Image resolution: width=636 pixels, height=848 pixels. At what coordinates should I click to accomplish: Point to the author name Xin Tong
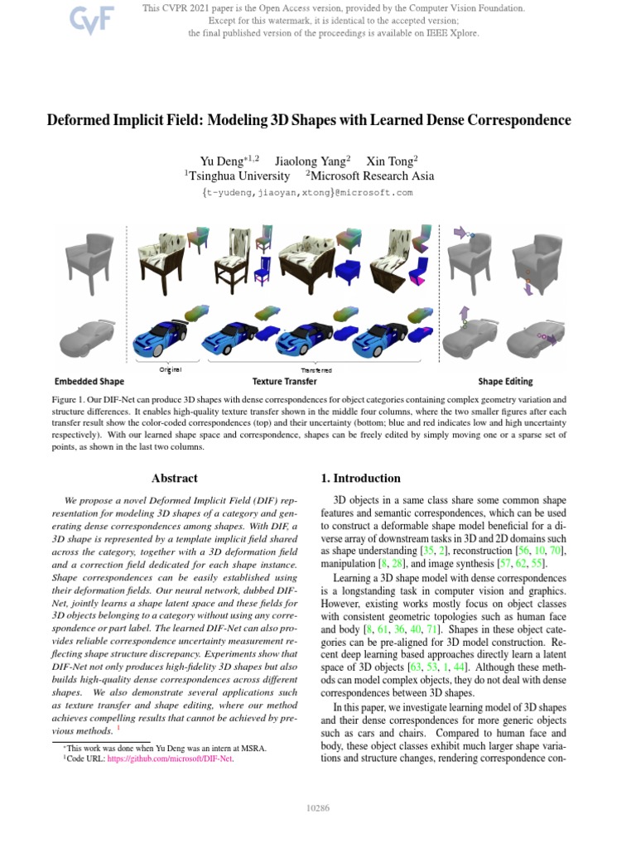pos(392,161)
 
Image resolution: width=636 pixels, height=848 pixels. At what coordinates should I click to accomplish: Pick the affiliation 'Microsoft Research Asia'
pos(372,176)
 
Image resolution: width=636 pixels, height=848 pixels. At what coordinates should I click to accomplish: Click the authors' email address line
pos(307,193)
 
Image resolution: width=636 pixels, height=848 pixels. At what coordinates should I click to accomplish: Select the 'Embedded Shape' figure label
pos(89,382)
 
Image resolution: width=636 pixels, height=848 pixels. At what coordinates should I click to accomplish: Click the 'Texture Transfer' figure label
pos(284,382)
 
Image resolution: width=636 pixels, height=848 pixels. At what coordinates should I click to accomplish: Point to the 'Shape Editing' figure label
pos(505,382)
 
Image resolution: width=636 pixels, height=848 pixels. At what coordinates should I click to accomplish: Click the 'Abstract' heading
pos(175,478)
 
